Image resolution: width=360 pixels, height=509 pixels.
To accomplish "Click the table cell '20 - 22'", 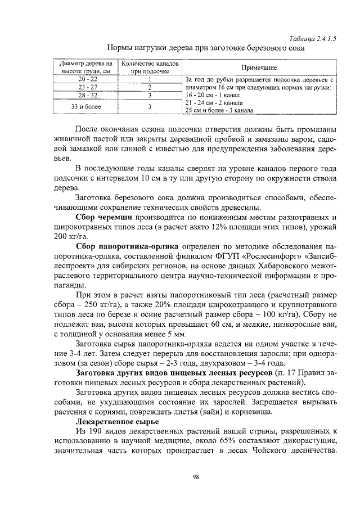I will [x=88, y=79].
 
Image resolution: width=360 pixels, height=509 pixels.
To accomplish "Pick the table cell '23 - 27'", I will [x=88, y=87].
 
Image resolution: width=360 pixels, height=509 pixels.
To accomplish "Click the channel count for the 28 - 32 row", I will [x=150, y=96].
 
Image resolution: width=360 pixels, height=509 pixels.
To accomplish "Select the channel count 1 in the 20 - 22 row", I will [x=150, y=79].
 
